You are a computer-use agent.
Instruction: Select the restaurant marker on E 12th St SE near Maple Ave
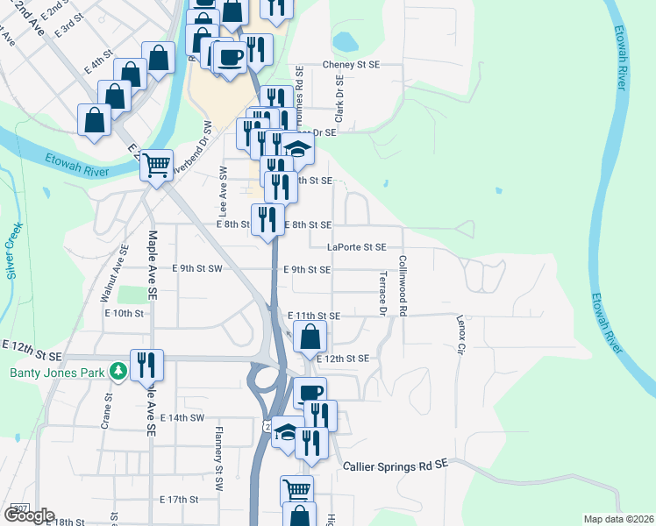click(146, 365)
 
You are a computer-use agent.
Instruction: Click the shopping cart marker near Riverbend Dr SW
click(157, 165)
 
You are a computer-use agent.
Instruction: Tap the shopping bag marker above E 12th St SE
click(310, 337)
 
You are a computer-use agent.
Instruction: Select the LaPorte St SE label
click(356, 247)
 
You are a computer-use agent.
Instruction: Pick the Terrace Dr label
click(382, 293)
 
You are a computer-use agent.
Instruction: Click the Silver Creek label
click(15, 252)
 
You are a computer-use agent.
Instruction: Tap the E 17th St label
click(180, 499)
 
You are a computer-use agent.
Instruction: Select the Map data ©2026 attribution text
click(619, 519)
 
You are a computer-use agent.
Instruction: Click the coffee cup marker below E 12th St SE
click(310, 394)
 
